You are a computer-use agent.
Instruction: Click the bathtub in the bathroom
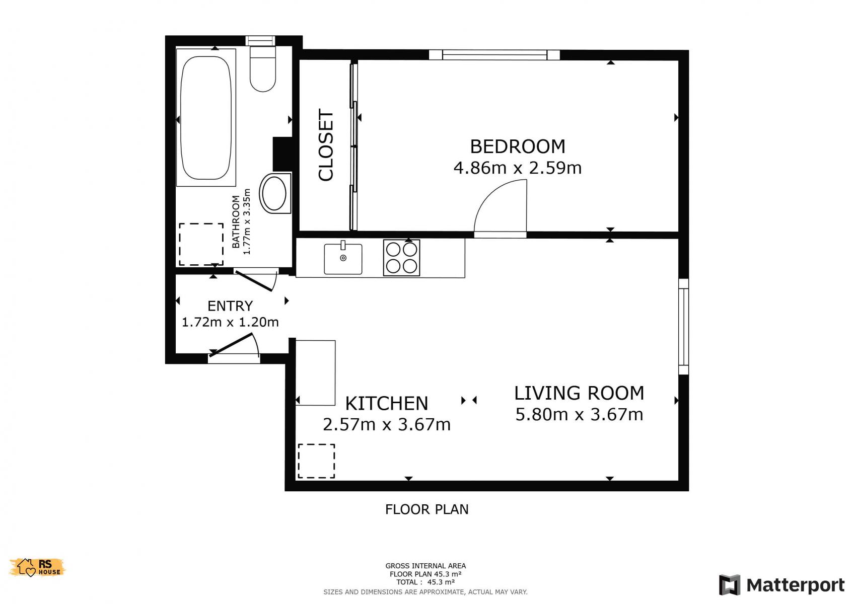tap(206, 118)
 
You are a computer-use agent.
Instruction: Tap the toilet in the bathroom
tap(263, 69)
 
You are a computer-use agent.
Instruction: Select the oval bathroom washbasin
tap(275, 193)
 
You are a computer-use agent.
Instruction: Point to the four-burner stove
tap(401, 258)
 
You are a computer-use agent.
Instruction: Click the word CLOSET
tap(326, 145)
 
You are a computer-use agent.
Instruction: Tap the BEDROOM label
tap(517, 146)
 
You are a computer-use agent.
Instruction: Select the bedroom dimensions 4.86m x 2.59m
tap(517, 168)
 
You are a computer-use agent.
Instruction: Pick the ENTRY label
tap(230, 306)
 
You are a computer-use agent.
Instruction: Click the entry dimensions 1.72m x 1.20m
tap(230, 323)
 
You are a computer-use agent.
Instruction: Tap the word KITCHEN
tap(387, 404)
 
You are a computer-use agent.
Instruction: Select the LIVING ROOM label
tap(579, 393)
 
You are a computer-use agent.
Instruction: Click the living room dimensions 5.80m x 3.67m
tap(579, 414)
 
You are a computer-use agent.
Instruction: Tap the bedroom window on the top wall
tap(494, 55)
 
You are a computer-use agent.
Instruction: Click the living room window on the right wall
tap(684, 327)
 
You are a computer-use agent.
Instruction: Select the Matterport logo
tap(781, 584)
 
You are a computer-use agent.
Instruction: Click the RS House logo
tap(37, 567)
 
